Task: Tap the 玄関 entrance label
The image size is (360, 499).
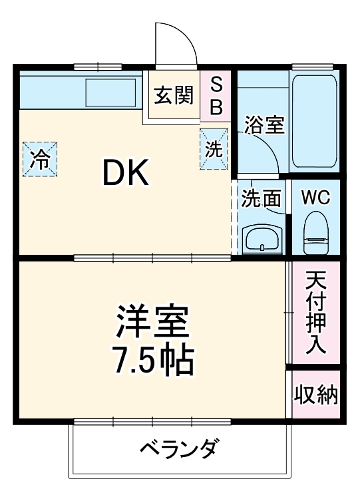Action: point(174,96)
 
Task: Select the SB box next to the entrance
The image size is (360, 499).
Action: point(217,96)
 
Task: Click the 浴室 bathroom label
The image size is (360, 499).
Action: point(264,125)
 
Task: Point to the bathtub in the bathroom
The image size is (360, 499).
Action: point(314,120)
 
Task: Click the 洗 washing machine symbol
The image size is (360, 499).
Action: point(214,149)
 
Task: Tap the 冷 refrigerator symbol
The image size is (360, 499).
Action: point(41,159)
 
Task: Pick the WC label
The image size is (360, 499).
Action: point(316,198)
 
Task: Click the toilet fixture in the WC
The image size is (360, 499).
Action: point(316,234)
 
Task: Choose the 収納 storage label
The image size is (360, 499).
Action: point(316,395)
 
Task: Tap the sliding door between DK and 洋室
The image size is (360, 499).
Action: point(152,257)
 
